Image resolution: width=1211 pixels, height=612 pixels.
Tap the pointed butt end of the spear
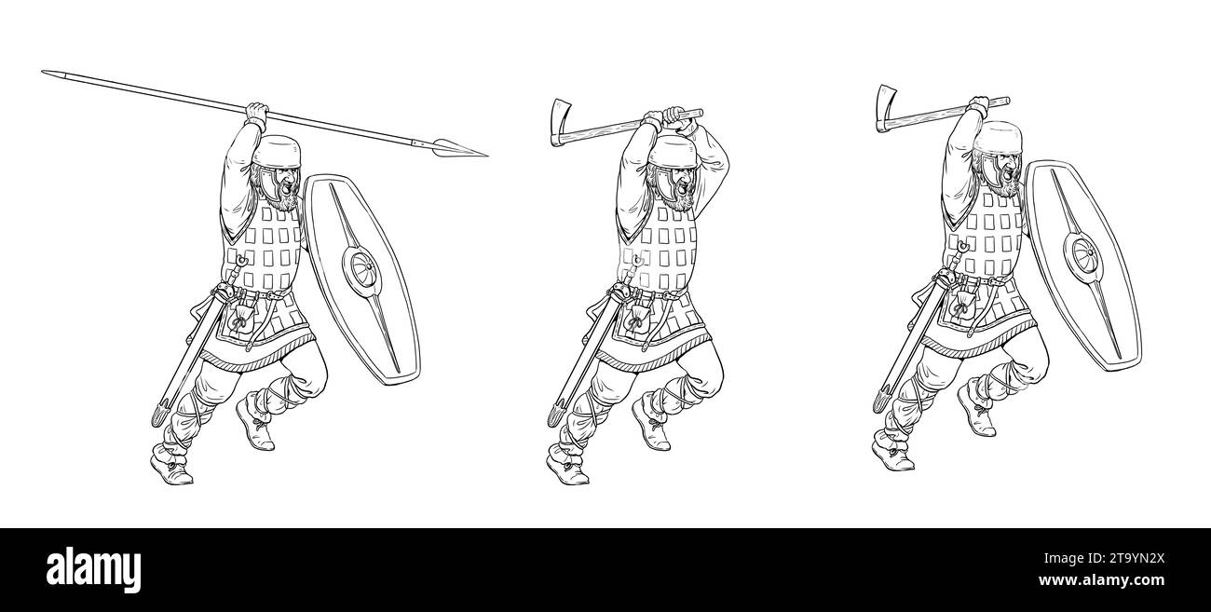47,72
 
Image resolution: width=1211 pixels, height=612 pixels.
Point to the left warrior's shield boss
360,267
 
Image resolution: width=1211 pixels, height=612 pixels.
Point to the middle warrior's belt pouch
638,318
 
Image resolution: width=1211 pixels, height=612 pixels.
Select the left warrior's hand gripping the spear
257,114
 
